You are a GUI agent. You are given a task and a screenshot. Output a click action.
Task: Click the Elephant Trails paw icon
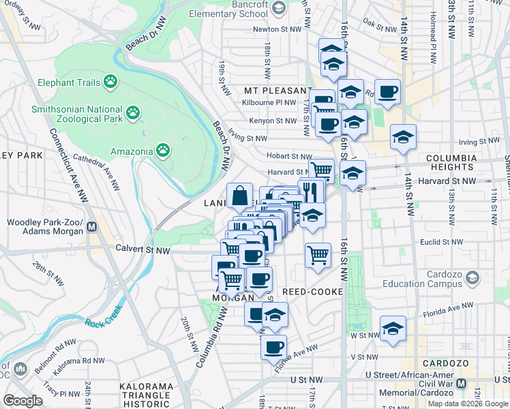coord(110,82)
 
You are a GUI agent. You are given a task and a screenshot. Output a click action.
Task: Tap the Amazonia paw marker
coord(163,149)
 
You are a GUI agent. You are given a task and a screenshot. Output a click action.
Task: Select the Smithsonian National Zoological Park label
coord(77,113)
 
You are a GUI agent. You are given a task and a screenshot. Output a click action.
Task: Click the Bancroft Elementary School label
coord(229,8)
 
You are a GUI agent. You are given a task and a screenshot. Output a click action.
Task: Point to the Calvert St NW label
coord(142,250)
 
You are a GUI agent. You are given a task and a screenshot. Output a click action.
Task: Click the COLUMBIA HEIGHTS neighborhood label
coord(449,162)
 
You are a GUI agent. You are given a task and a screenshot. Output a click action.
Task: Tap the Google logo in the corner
coord(23,400)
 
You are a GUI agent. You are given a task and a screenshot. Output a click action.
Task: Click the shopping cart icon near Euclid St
coord(318,256)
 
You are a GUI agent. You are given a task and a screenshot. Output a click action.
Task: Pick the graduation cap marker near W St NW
coord(393,329)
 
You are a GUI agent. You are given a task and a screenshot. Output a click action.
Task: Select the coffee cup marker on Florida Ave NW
coord(273,347)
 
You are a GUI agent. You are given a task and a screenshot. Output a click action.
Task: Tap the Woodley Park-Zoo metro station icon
coord(95,226)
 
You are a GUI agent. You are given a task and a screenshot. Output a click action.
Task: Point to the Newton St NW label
coord(277,29)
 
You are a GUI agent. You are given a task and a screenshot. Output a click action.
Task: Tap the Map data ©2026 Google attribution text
coord(468,404)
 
